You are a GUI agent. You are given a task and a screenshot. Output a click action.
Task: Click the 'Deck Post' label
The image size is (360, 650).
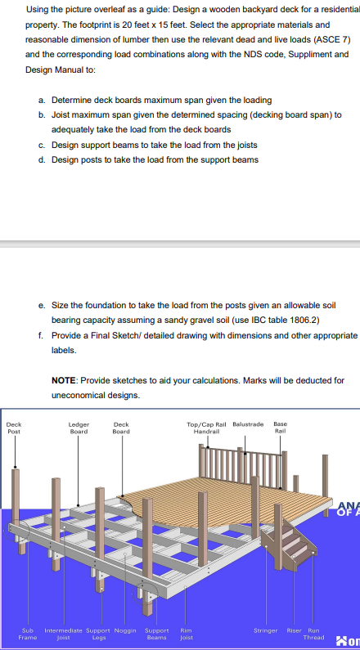15,428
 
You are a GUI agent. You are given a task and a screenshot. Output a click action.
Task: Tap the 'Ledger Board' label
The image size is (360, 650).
79,428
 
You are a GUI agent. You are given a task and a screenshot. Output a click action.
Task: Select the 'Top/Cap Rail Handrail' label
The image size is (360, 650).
206,428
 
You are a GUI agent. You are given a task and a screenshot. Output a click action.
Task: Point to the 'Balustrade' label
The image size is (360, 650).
248,424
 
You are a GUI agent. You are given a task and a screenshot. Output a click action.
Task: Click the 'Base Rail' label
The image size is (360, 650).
281,428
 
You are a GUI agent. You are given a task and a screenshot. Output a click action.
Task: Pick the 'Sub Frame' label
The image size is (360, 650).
27,634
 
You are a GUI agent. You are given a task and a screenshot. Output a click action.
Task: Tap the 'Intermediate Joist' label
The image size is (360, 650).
63,634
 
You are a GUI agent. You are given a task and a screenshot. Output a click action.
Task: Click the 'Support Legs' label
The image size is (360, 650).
98,634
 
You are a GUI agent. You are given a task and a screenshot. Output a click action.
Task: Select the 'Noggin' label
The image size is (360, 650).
125,630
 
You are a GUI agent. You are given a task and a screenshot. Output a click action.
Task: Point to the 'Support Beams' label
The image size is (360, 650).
157,634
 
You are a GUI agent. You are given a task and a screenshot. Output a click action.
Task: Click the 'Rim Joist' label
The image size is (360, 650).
186,634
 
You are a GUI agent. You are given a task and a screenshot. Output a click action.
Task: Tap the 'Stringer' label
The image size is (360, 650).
265,630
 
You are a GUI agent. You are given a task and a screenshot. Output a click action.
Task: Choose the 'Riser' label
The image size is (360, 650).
294,630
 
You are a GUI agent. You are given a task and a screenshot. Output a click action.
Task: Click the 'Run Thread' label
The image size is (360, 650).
313,634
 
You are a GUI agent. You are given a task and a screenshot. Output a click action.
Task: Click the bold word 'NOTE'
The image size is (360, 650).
64,380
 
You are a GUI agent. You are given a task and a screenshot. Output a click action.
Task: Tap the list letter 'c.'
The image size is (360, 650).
42,145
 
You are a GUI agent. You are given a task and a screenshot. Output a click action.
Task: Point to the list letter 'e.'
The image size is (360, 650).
42,306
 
